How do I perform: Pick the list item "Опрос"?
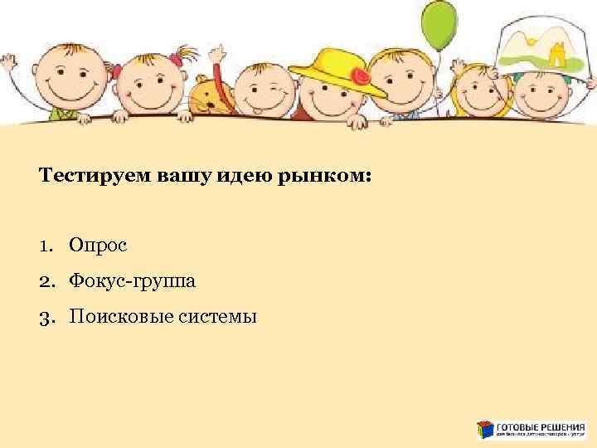[x=98, y=246]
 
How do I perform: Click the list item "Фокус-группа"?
[x=133, y=281]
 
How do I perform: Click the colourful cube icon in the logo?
[x=485, y=429]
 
